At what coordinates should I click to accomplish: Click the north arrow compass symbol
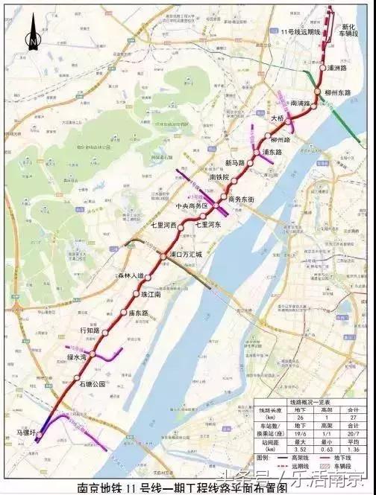click(32, 39)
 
